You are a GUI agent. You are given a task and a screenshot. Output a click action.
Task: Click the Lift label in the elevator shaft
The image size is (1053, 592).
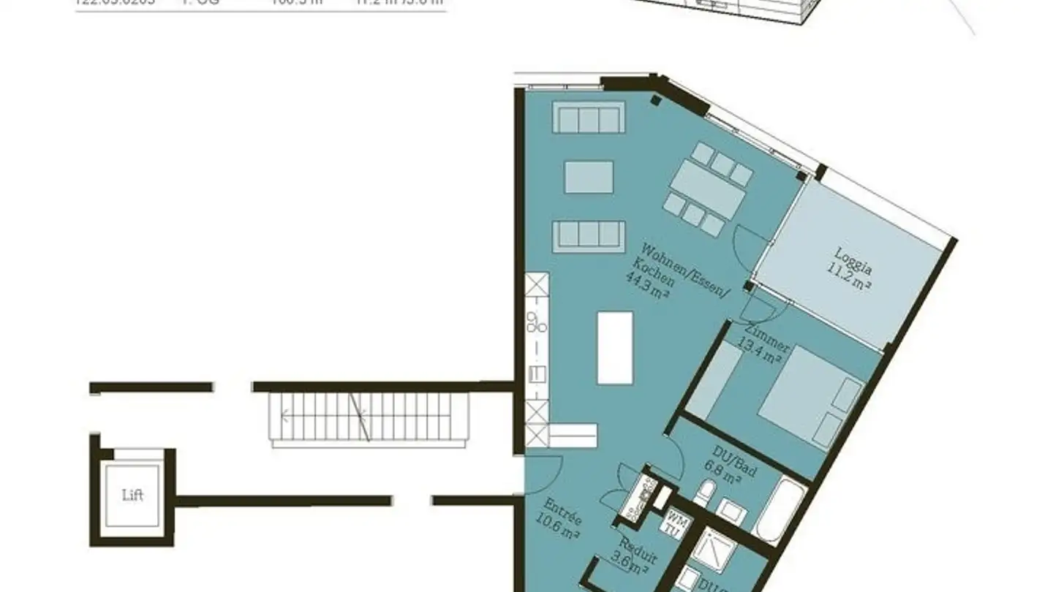(132, 496)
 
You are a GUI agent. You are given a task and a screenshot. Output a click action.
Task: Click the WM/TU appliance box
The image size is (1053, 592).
(673, 523)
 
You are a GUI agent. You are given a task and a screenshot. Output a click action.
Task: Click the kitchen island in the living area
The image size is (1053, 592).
(614, 348)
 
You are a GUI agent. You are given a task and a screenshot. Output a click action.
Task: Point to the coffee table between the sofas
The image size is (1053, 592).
(589, 178)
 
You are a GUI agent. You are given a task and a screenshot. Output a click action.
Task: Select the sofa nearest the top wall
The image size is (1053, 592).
(589, 118)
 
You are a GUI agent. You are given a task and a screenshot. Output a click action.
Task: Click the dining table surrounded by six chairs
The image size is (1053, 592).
(708, 189)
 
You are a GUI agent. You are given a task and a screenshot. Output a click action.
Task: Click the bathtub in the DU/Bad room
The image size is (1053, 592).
(780, 509)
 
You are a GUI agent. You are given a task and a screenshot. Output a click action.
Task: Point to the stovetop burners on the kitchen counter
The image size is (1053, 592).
(537, 320)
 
